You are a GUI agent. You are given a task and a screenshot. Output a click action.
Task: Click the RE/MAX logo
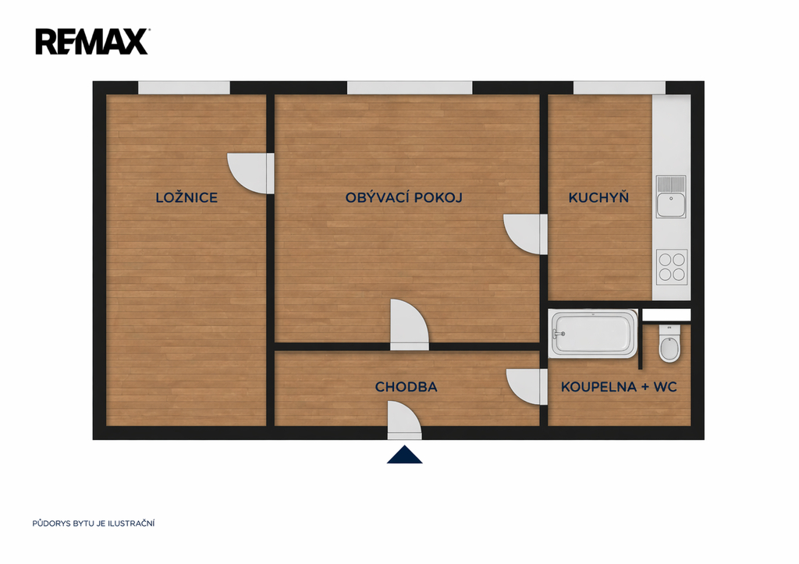coord(92,42)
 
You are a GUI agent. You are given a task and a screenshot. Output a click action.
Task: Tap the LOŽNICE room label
coord(186,197)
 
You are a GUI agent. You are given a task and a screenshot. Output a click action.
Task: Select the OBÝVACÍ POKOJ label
coord(403,197)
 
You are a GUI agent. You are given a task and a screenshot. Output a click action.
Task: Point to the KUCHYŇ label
coord(598,197)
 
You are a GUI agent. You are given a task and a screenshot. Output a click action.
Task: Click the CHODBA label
coord(406,387)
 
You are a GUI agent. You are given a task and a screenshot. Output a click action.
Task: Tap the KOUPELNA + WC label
coord(619,387)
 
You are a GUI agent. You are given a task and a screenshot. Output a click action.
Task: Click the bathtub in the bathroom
coord(594,334)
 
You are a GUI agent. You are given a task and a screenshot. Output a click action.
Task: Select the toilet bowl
coord(669,345)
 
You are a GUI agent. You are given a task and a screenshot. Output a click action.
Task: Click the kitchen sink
coord(671,197)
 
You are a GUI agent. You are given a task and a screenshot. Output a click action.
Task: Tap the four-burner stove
coord(672,268)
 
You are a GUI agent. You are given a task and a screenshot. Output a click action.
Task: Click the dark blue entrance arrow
coord(405,455)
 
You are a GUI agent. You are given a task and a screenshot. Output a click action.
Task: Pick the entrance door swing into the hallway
coord(405,420)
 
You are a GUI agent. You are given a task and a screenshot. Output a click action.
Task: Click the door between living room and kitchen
coord(525,234)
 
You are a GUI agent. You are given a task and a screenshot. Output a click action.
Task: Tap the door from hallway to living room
coord(409,325)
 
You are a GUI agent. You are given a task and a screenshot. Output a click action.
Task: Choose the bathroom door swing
coord(527,387)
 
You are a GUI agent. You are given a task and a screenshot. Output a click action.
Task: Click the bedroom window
coord(184,87)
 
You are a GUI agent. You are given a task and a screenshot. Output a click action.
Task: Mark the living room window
coord(410,87)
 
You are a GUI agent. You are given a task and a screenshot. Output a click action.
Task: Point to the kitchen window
coord(619,87)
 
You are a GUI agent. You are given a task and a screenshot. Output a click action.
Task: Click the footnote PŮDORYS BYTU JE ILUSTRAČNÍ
coord(94,523)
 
